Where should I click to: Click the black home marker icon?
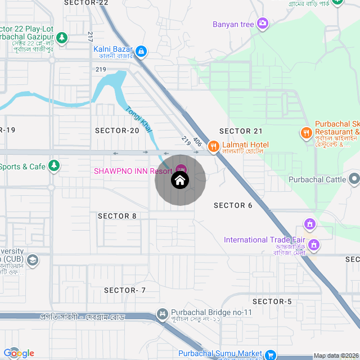180,181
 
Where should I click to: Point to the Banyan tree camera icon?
262,24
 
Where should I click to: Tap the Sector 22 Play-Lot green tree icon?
62,38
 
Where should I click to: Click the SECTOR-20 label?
117,130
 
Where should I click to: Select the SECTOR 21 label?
241,131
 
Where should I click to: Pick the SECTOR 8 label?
117,216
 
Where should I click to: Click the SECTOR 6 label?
233,205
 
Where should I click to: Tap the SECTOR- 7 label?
125,290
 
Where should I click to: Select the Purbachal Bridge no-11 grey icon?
163,313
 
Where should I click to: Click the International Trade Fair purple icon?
314,245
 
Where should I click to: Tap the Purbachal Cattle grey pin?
354,179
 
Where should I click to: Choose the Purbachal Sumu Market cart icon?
271,354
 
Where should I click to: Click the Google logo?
19,353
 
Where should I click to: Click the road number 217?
90,37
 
